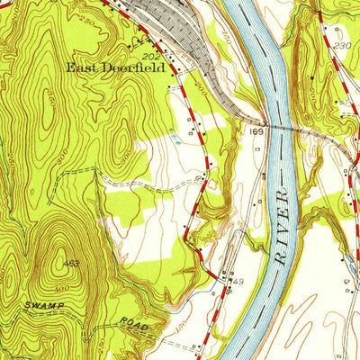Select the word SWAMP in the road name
pyautogui.click(x=24, y=306)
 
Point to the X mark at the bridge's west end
pyautogui.click(x=264, y=121)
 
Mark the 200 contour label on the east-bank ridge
pyautogui.click(x=303, y=40)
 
